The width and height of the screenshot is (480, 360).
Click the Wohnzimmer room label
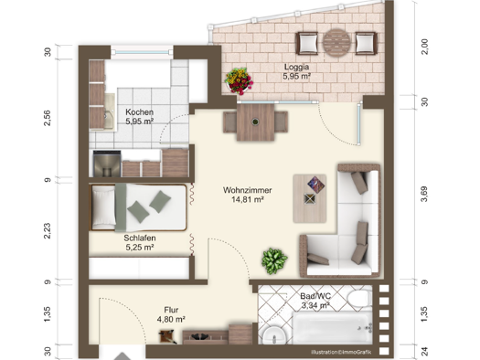pos(248,190)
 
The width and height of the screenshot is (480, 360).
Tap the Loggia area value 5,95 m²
pos(296,77)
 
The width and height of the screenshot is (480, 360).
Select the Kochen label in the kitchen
pos(139,112)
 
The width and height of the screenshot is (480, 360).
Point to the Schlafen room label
pos(140,238)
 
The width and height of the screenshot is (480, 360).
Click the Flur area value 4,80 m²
pos(171,319)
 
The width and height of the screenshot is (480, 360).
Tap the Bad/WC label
pos(315,296)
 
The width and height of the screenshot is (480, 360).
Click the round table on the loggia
pos(336,43)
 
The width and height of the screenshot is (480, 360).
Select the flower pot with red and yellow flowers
pos(239,81)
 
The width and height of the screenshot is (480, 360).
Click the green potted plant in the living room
pos(274,260)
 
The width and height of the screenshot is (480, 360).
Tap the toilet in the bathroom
pos(360,298)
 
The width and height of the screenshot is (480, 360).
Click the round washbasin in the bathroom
pos(273,335)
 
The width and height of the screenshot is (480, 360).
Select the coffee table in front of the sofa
pos(310,198)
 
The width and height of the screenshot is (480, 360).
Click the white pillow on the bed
pos(103,207)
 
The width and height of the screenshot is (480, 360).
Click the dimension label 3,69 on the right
pos(424,194)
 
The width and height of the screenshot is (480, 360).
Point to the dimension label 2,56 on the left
pos(48,118)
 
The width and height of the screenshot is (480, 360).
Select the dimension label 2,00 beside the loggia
pos(425,47)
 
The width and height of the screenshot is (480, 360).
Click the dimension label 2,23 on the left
pos(48,231)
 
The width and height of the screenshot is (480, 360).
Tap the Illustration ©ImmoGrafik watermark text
pos(341,352)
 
